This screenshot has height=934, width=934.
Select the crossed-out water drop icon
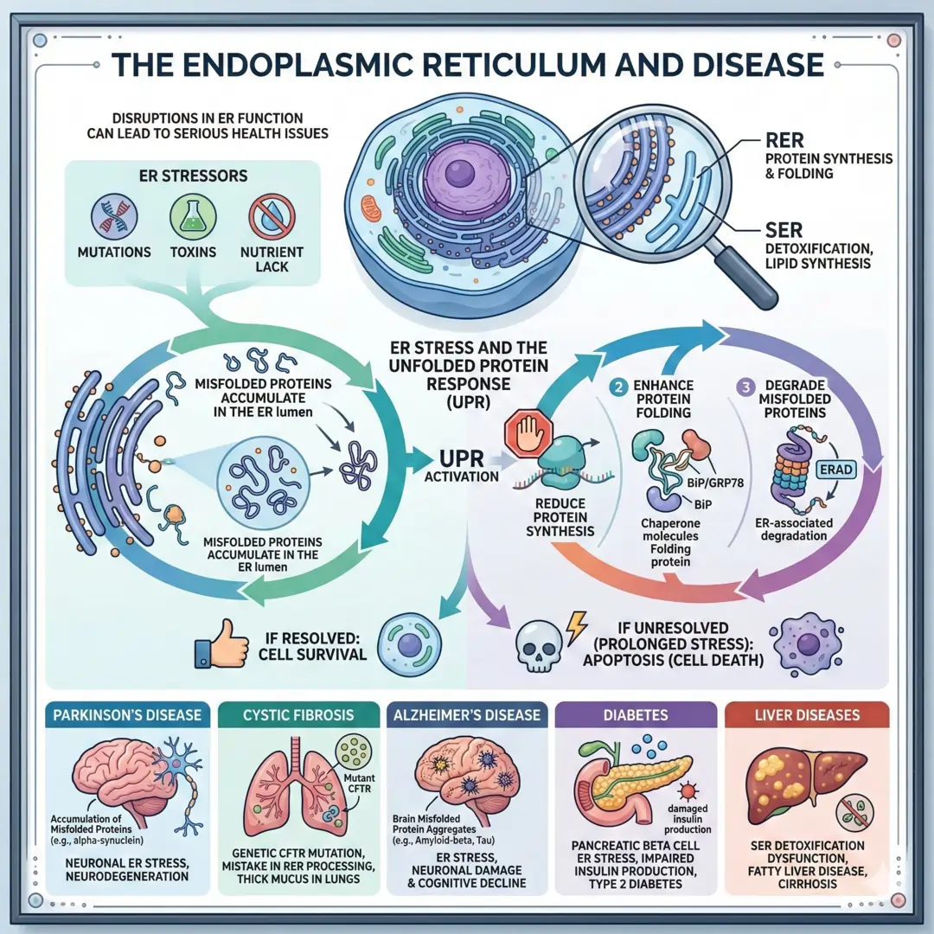tap(267, 215)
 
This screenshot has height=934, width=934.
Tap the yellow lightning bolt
tap(575, 624)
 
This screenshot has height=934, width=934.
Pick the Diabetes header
tap(636, 715)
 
